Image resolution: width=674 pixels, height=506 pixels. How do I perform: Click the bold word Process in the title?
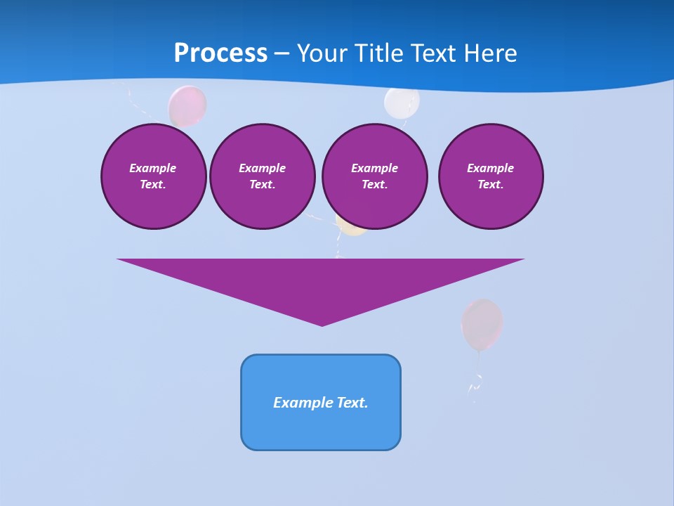[220, 53]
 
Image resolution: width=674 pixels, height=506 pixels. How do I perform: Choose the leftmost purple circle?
[153, 176]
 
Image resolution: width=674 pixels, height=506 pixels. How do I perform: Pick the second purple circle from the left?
[262, 176]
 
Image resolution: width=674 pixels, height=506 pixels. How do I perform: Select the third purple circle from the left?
[374, 176]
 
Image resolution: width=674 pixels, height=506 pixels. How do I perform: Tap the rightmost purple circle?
[490, 176]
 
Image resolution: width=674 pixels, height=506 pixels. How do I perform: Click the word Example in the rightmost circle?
[490, 168]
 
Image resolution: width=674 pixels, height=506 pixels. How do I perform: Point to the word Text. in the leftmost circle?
[153, 185]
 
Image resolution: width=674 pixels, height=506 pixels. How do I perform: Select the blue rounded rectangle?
[321, 402]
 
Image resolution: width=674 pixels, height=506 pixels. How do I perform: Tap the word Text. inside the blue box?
[352, 403]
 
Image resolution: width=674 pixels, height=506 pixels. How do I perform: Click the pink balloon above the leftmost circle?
[187, 105]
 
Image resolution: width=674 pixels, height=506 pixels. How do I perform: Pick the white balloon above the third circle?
[402, 101]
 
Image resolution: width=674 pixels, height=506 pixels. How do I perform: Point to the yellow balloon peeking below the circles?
[350, 228]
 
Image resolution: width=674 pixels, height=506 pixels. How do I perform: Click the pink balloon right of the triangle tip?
[482, 323]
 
